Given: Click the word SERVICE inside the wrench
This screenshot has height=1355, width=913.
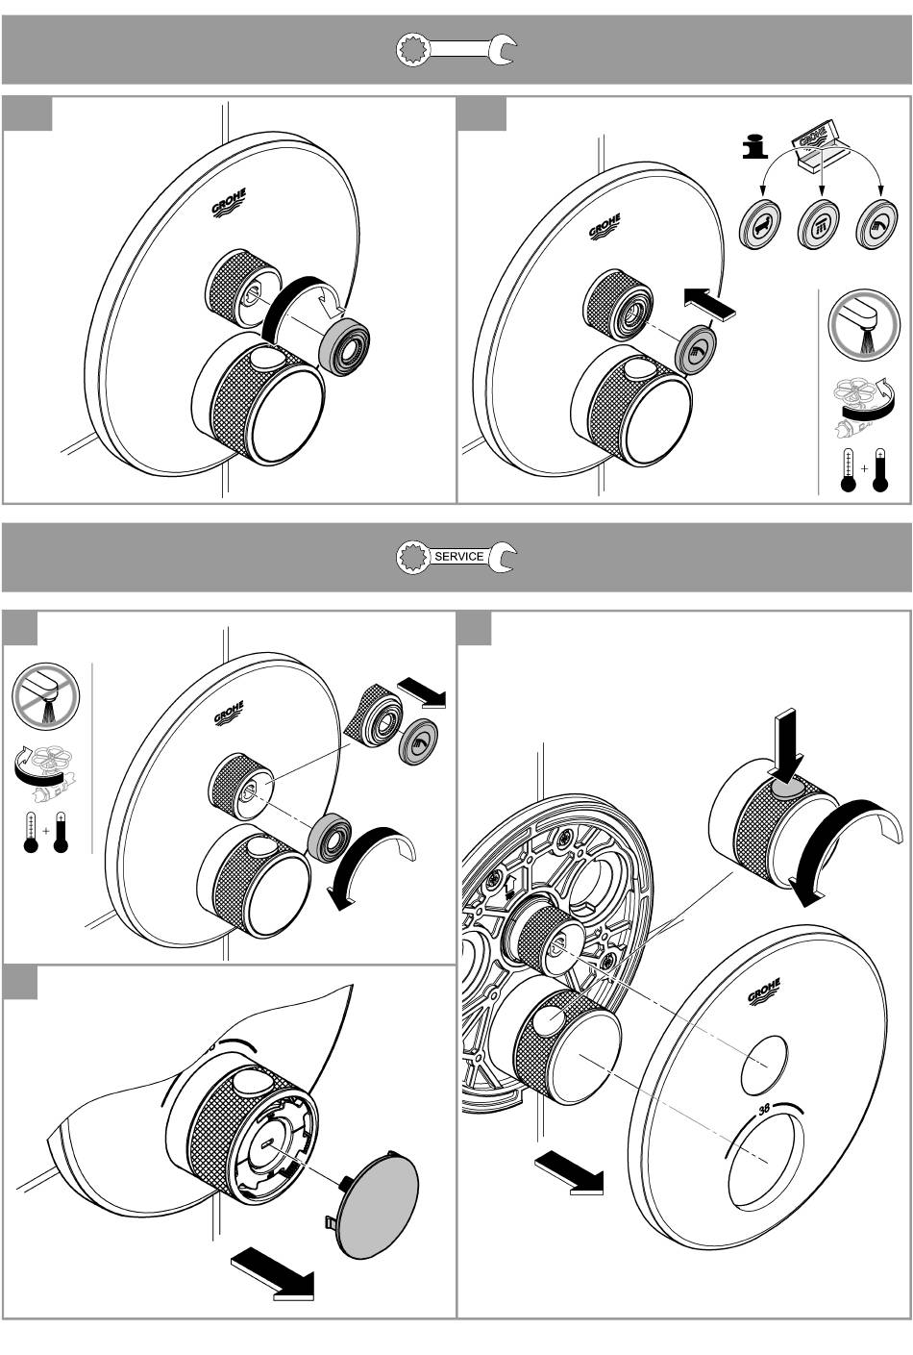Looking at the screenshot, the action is pos(459,557).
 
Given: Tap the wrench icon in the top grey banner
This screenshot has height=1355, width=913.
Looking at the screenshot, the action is pos(456,49).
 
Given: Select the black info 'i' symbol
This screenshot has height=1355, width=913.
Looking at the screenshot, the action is pos(754,146).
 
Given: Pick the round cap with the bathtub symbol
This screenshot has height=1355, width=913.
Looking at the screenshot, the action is pos(759,223).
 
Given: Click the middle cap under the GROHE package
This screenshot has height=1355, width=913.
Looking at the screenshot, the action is pos(820,223).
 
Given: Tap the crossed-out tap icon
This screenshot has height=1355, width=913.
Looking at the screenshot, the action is pos(45,696).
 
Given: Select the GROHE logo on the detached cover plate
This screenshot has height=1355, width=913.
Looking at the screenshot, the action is pos(764,992).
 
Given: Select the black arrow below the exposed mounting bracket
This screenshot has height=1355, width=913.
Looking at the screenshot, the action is pos(568,1172).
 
